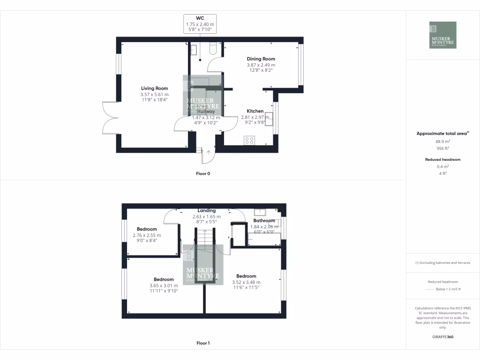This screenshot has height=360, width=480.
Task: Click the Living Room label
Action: click(x=155, y=88)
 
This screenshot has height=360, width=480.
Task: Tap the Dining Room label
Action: click(x=261, y=59)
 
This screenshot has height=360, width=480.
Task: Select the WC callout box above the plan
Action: click(x=200, y=24)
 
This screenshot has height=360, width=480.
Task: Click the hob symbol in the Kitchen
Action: click(x=249, y=140)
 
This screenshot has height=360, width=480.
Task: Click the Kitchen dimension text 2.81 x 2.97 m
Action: click(x=255, y=117)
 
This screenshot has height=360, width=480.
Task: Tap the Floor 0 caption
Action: click(x=203, y=173)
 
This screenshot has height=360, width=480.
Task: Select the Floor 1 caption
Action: click(x=203, y=343)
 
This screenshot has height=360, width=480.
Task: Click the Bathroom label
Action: click(x=264, y=220)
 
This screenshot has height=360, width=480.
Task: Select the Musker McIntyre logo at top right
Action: click(x=442, y=35)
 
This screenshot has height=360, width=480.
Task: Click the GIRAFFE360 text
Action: click(x=443, y=337)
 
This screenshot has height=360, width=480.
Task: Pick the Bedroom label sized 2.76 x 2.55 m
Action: click(x=147, y=229)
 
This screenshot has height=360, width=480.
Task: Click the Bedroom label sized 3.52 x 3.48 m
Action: click(x=246, y=276)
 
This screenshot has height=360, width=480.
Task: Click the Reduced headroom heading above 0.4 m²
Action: click(x=443, y=159)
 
